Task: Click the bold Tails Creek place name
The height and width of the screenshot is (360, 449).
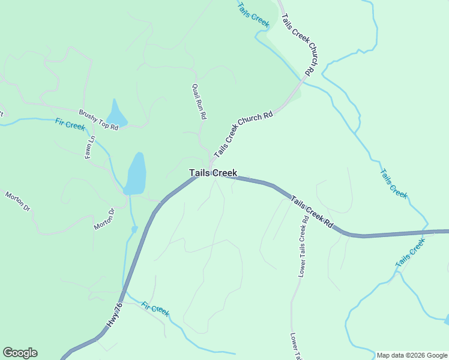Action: point(213,173)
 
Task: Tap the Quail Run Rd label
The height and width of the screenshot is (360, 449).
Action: point(199,101)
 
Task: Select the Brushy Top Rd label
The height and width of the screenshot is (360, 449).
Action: point(98,119)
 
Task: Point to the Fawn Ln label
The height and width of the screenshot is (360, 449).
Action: point(89,147)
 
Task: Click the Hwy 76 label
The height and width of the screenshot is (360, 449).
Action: point(114,315)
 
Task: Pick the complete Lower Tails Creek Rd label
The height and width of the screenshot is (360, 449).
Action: point(303,246)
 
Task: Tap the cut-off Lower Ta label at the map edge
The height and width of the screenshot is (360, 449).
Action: point(295,346)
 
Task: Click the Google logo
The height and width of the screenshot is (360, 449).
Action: point(20,353)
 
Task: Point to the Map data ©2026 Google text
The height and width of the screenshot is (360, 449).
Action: point(412,355)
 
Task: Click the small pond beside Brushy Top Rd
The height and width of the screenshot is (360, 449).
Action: point(115,114)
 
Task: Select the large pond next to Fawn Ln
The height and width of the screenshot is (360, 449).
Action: point(136,174)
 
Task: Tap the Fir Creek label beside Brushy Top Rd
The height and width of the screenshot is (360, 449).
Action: point(70,124)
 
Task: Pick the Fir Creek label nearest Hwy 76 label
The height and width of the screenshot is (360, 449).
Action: point(155,309)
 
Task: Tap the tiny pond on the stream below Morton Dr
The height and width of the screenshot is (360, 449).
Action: point(134,229)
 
